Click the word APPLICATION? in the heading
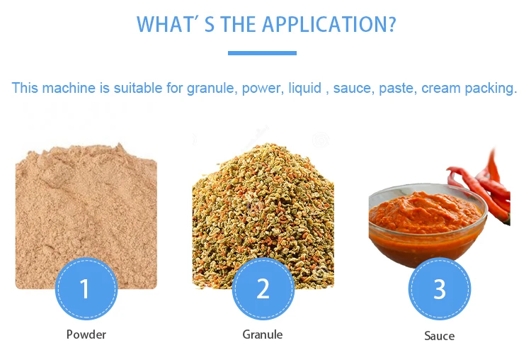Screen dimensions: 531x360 (x=329, y=24)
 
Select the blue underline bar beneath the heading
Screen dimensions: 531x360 (x=262, y=53)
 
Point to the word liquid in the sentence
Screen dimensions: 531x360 (x=304, y=88)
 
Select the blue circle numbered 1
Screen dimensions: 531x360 (x=86, y=288)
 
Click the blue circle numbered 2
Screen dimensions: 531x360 (x=263, y=288)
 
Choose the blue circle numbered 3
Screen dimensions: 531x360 (x=439, y=288)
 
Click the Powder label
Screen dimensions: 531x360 (x=86, y=334)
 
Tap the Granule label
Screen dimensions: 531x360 (x=263, y=334)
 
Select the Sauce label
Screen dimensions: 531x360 (x=439, y=336)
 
